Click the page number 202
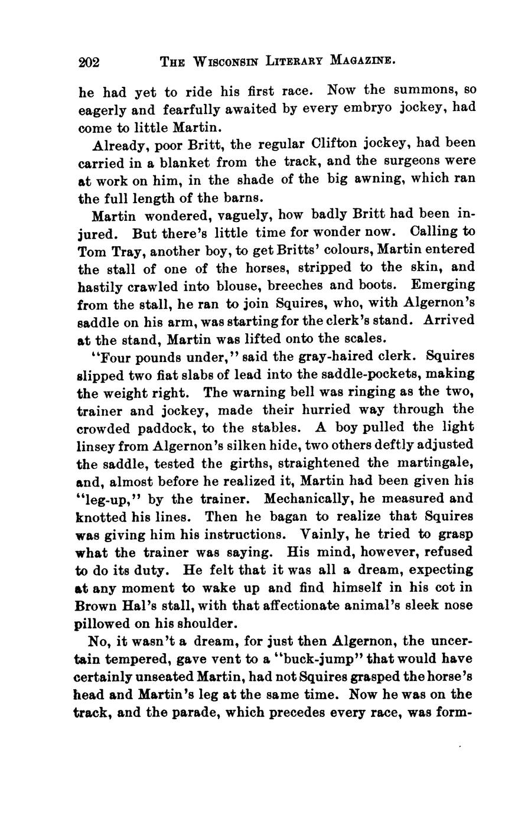[x=90, y=61]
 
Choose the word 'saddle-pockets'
[x=369, y=374]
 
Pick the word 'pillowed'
[x=102, y=624]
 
